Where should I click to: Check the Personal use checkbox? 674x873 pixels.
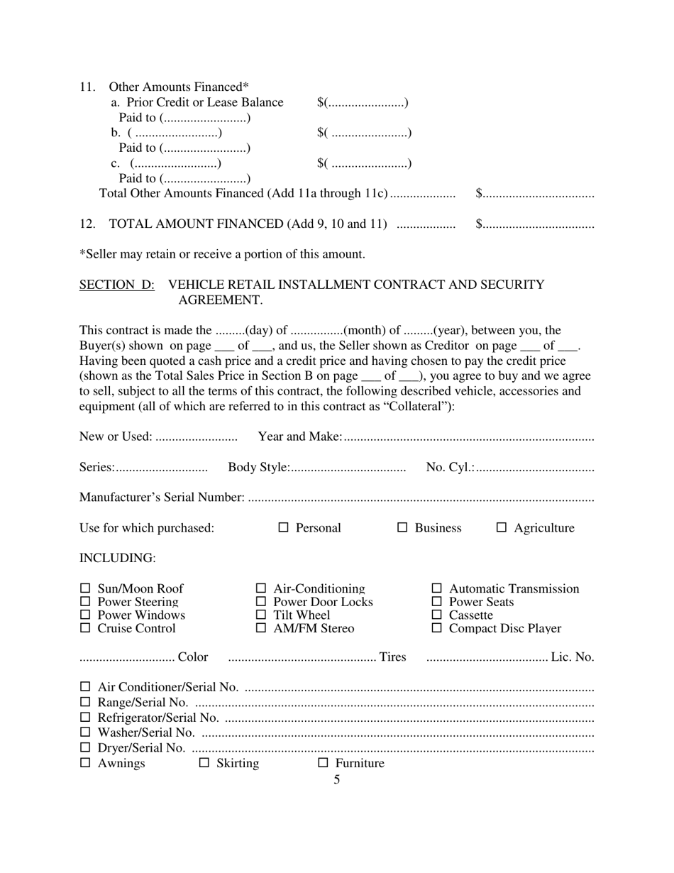284,527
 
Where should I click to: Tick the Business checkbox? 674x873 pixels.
402,527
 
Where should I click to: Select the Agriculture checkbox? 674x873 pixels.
502,527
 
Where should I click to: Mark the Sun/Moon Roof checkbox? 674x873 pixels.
85,588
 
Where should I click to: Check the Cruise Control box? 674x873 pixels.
85,628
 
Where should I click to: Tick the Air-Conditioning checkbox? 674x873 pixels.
261,588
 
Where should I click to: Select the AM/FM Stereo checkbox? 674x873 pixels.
261,628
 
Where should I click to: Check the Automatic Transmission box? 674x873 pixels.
437,588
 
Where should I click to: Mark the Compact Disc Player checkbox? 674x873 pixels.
437,628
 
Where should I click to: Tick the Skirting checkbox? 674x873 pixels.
204,763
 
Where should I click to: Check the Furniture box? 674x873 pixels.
324,763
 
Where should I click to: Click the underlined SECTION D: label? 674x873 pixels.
117,285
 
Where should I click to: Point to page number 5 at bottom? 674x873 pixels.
337,779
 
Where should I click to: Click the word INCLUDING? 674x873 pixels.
117,558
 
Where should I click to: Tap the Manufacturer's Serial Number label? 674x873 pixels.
162,497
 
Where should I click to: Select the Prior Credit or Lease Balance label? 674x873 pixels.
204,102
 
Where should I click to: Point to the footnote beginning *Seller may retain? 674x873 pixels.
222,254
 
